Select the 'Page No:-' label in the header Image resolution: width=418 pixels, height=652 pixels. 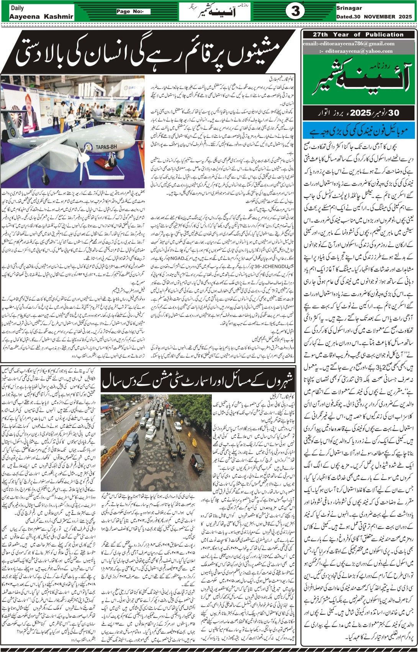click(133, 12)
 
